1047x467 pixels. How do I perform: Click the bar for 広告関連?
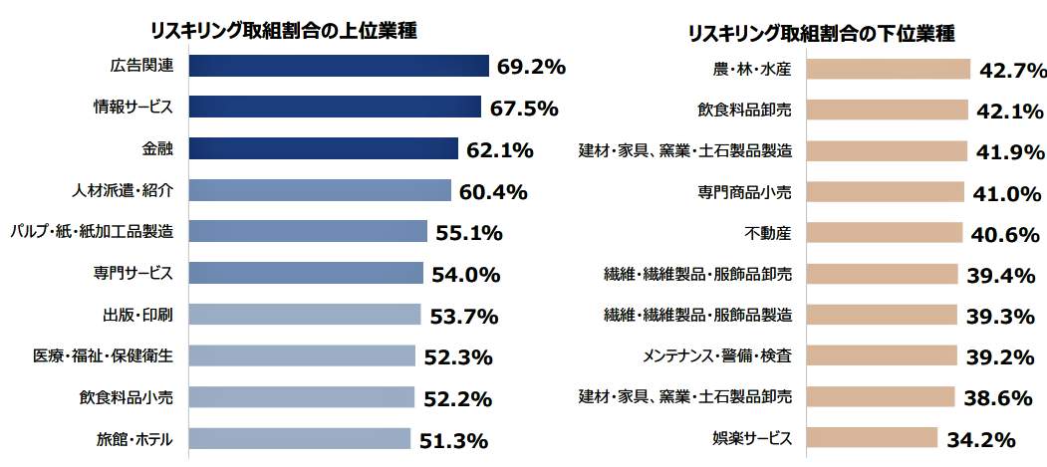tap(338, 66)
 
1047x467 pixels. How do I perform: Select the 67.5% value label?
tap(523, 109)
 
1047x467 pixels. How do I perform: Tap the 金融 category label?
tap(157, 149)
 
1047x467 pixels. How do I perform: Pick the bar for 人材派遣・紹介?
tap(319, 190)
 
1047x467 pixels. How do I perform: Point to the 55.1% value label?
tap(468, 233)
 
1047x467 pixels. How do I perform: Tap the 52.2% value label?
tap(458, 398)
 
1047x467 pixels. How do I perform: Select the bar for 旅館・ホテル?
tap(299, 438)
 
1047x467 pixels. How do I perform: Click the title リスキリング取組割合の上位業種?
tap(283, 30)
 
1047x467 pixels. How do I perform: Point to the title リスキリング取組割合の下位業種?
tap(822, 33)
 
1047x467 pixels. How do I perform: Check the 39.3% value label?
tap(1001, 316)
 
